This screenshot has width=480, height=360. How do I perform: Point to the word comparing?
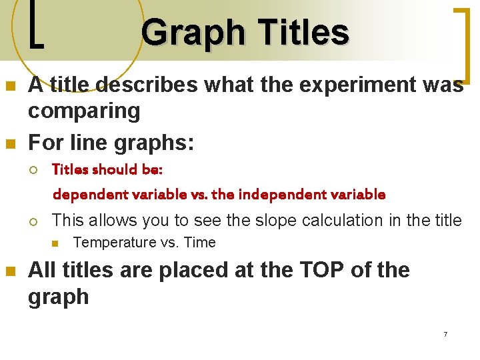pos(84,111)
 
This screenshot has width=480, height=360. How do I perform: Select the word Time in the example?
pos(199,243)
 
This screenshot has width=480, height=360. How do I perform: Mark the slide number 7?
pos(445,333)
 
